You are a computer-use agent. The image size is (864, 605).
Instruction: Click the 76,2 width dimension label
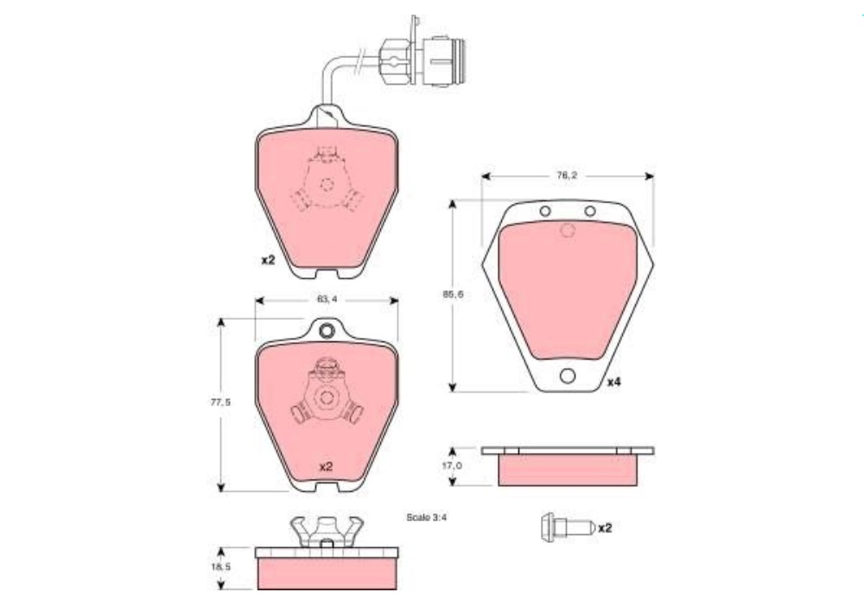pos(567,175)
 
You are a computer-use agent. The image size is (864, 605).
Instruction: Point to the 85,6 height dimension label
pos(453,294)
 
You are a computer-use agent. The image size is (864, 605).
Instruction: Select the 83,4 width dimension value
pos(327,299)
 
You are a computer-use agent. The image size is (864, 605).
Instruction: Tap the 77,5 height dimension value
pos(220,402)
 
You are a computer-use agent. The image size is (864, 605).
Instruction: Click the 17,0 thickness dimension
pos(452,466)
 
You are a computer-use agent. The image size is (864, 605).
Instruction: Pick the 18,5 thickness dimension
pos(220,566)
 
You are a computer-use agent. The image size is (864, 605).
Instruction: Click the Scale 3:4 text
pos(427,518)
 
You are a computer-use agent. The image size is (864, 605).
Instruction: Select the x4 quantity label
pos(613,382)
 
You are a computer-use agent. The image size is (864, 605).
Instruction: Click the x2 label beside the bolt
pos(605,528)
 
